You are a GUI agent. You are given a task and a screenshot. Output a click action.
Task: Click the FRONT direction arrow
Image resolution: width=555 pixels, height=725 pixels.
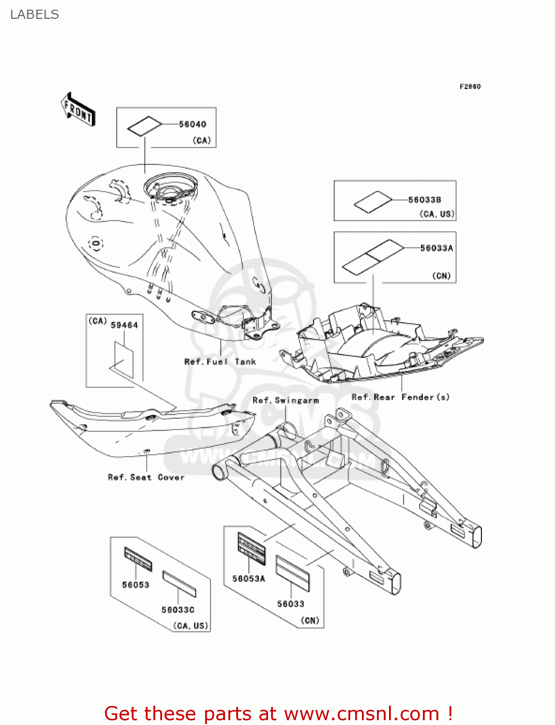(78, 109)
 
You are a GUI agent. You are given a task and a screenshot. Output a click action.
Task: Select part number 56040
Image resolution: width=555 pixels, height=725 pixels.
(193, 124)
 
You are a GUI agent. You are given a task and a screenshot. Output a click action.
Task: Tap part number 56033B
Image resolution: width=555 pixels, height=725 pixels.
(424, 200)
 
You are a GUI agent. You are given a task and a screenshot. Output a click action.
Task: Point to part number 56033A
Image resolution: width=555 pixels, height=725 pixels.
(436, 248)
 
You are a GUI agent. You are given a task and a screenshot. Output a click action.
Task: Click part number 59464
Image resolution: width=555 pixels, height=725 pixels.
(124, 325)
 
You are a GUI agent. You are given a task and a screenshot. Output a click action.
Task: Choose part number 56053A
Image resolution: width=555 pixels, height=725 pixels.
(249, 579)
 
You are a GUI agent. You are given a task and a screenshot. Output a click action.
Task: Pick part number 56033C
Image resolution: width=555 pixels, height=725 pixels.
(178, 610)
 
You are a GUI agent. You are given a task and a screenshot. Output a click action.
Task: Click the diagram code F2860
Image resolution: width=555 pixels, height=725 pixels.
(470, 87)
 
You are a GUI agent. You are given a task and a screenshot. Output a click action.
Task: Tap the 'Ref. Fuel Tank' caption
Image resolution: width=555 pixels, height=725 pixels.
(220, 362)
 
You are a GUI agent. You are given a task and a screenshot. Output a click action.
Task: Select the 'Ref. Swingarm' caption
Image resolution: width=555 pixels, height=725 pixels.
(285, 400)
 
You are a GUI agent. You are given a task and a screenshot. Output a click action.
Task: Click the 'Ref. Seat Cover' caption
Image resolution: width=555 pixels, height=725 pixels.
(146, 477)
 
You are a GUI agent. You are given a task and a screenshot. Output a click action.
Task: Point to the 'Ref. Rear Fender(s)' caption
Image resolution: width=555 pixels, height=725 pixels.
(401, 397)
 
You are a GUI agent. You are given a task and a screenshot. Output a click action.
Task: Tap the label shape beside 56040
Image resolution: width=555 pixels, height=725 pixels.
(144, 126)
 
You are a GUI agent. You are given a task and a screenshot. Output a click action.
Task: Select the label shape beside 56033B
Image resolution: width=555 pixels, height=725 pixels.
(373, 202)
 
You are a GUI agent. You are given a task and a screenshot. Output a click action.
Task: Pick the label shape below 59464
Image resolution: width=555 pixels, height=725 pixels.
(123, 360)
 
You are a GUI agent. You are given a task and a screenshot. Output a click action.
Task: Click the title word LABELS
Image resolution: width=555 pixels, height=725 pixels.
(34, 14)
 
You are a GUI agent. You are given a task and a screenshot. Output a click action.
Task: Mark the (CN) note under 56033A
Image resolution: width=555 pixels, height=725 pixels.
(441, 276)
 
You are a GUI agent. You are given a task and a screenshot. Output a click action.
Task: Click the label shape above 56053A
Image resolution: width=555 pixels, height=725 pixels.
(252, 549)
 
